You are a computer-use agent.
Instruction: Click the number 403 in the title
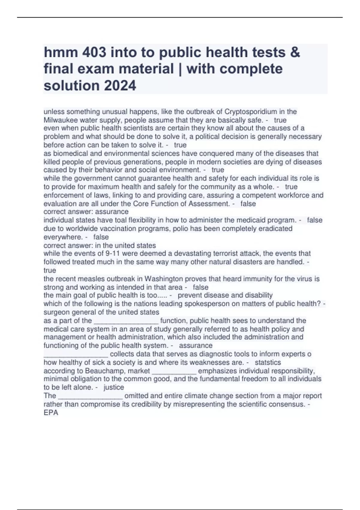point(92,53)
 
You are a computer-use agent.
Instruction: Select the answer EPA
point(51,413)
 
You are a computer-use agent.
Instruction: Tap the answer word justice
point(114,387)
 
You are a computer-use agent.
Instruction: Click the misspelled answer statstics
point(268,362)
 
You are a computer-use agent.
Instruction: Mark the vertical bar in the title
point(180,69)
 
